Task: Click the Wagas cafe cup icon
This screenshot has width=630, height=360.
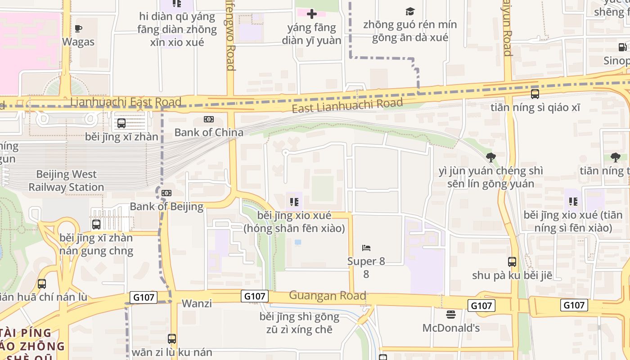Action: coord(78,29)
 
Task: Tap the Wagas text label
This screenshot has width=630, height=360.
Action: coord(78,42)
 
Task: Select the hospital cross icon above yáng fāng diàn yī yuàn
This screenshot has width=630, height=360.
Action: coord(311,14)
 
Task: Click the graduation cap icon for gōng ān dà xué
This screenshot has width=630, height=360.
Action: coord(410,11)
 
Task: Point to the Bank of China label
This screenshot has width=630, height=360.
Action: coord(209,132)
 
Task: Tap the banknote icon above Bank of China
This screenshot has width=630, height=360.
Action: coord(209,119)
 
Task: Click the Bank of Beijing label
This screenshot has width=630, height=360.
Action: coord(166,207)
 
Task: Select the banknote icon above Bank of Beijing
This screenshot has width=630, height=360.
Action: coord(166,193)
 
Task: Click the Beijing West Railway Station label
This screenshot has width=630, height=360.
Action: coord(66,180)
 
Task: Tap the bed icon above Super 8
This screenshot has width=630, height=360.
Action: coord(366,247)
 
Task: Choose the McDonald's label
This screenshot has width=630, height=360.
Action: coord(451,328)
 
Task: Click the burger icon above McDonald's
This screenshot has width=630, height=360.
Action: coord(451,314)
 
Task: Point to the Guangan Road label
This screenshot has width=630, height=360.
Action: coord(327,296)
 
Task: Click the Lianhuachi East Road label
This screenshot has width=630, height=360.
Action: coord(126,102)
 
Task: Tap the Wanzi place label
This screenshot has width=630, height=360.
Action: coord(197,303)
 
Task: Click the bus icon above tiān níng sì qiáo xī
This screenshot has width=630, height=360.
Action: coord(535,94)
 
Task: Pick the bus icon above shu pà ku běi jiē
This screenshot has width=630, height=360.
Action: coord(512,261)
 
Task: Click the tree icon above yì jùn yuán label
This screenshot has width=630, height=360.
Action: coord(490,157)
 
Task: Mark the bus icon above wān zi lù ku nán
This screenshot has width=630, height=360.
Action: coord(171,338)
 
